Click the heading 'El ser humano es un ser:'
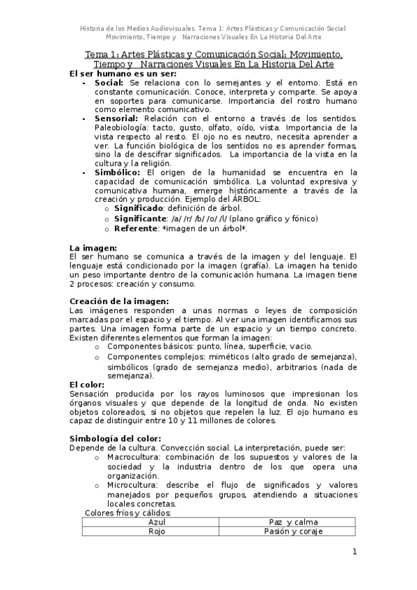coord(123,73)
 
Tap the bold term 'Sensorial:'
coord(117,119)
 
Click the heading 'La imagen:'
coord(93,248)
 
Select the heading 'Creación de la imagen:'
coord(120,301)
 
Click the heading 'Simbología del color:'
coord(115,438)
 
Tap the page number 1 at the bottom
coord(354,552)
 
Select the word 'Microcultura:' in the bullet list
coord(132,485)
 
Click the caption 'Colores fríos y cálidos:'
coord(127,513)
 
